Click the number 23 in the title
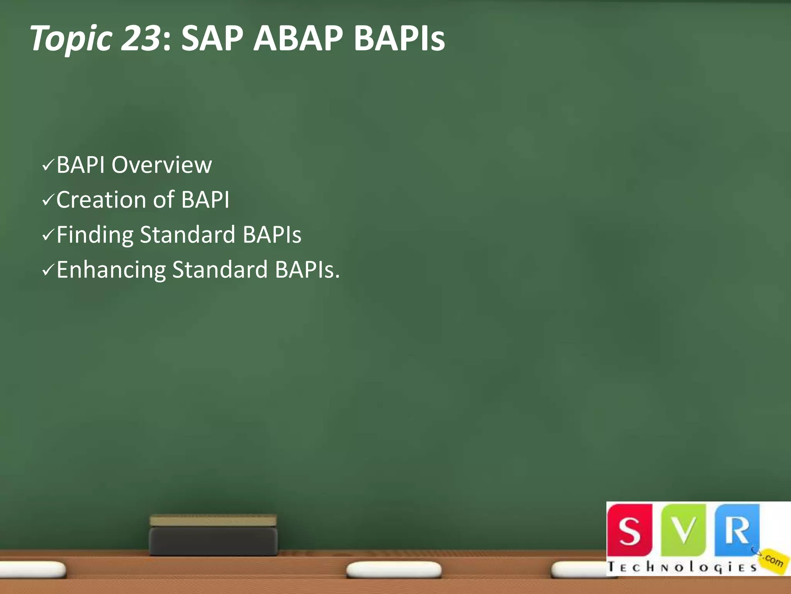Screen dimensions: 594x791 coord(140,38)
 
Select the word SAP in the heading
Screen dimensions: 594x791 coord(212,38)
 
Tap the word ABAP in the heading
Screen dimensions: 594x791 coord(298,38)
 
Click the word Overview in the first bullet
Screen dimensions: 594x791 coord(161,165)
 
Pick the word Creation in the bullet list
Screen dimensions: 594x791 coord(101,200)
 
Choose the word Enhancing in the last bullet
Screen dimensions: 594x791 coord(111,270)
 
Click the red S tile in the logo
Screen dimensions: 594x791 coord(630,529)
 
